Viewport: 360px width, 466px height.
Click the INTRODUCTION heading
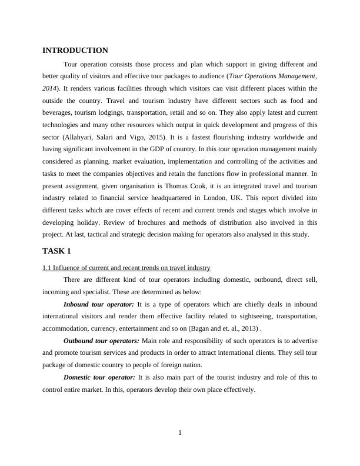point(75,51)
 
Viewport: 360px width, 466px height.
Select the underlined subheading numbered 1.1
point(126,268)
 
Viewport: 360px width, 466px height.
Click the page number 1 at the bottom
point(180,434)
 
